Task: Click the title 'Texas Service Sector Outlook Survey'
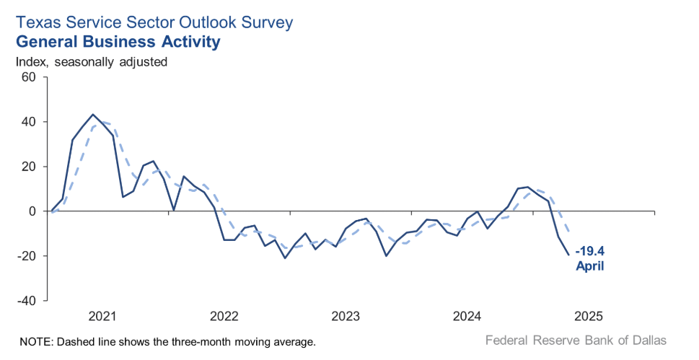154,22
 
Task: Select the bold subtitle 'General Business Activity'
118,42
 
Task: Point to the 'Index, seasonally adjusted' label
92,62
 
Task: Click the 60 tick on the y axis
27,77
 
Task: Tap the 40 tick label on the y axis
27,122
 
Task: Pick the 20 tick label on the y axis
27,167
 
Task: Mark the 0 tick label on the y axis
32,211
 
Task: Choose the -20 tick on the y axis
25,256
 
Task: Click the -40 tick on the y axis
25,301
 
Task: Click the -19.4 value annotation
590,253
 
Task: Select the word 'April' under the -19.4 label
589,266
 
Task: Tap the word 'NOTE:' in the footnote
33,341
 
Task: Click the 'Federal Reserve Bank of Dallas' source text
576,340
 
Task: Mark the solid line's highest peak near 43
93,115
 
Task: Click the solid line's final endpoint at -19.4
568,254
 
